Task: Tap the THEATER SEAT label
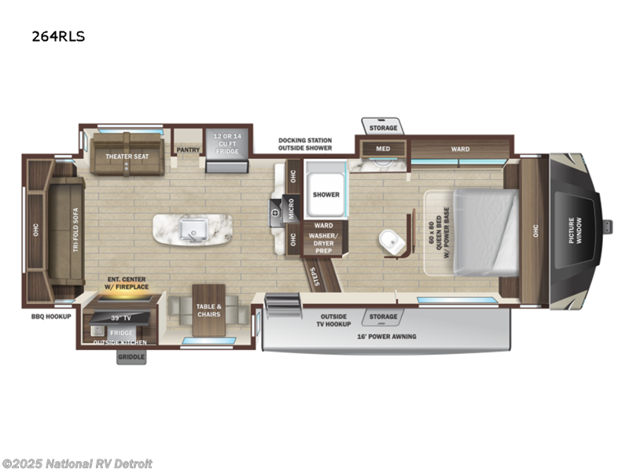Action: [127, 156]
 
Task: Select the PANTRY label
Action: [188, 149]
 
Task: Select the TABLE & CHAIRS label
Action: [209, 310]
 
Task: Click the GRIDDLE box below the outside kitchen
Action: [131, 357]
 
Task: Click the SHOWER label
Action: [326, 194]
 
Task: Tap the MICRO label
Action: [291, 208]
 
